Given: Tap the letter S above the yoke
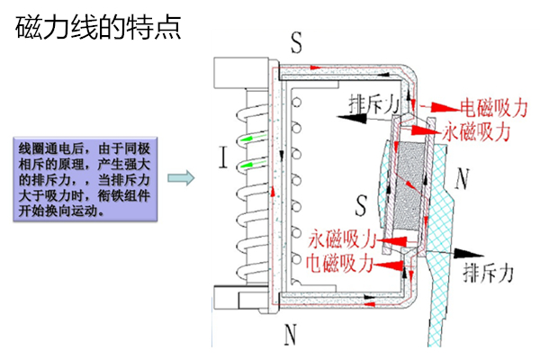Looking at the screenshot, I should click(x=298, y=41).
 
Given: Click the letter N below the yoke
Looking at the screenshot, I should click(x=291, y=335).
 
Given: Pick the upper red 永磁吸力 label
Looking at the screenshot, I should click(x=477, y=131).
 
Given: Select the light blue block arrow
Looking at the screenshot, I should click(x=183, y=177).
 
